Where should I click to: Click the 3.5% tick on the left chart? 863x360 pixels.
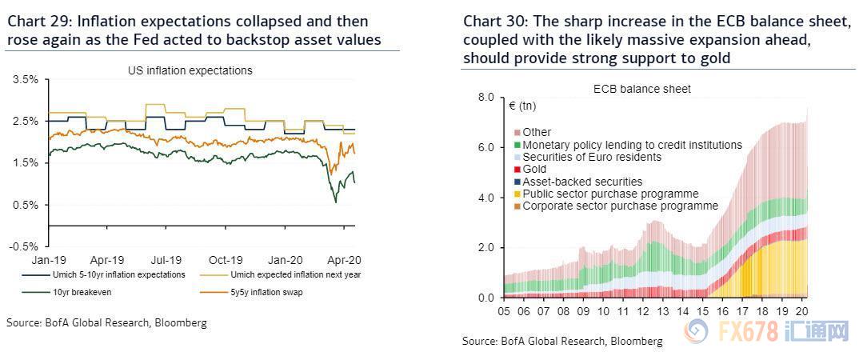coord(26,80)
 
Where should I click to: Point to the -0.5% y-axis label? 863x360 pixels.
coord(24,247)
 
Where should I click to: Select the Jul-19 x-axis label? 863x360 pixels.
coord(166,260)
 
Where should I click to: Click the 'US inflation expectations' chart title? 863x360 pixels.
coord(190,70)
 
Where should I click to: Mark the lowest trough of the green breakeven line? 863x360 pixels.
coord(335,202)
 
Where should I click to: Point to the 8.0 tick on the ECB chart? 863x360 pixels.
coord(486,98)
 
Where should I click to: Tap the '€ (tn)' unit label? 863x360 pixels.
coord(521,106)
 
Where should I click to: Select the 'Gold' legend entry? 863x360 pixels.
coord(534,170)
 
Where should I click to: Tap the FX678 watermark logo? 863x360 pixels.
coord(768,330)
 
